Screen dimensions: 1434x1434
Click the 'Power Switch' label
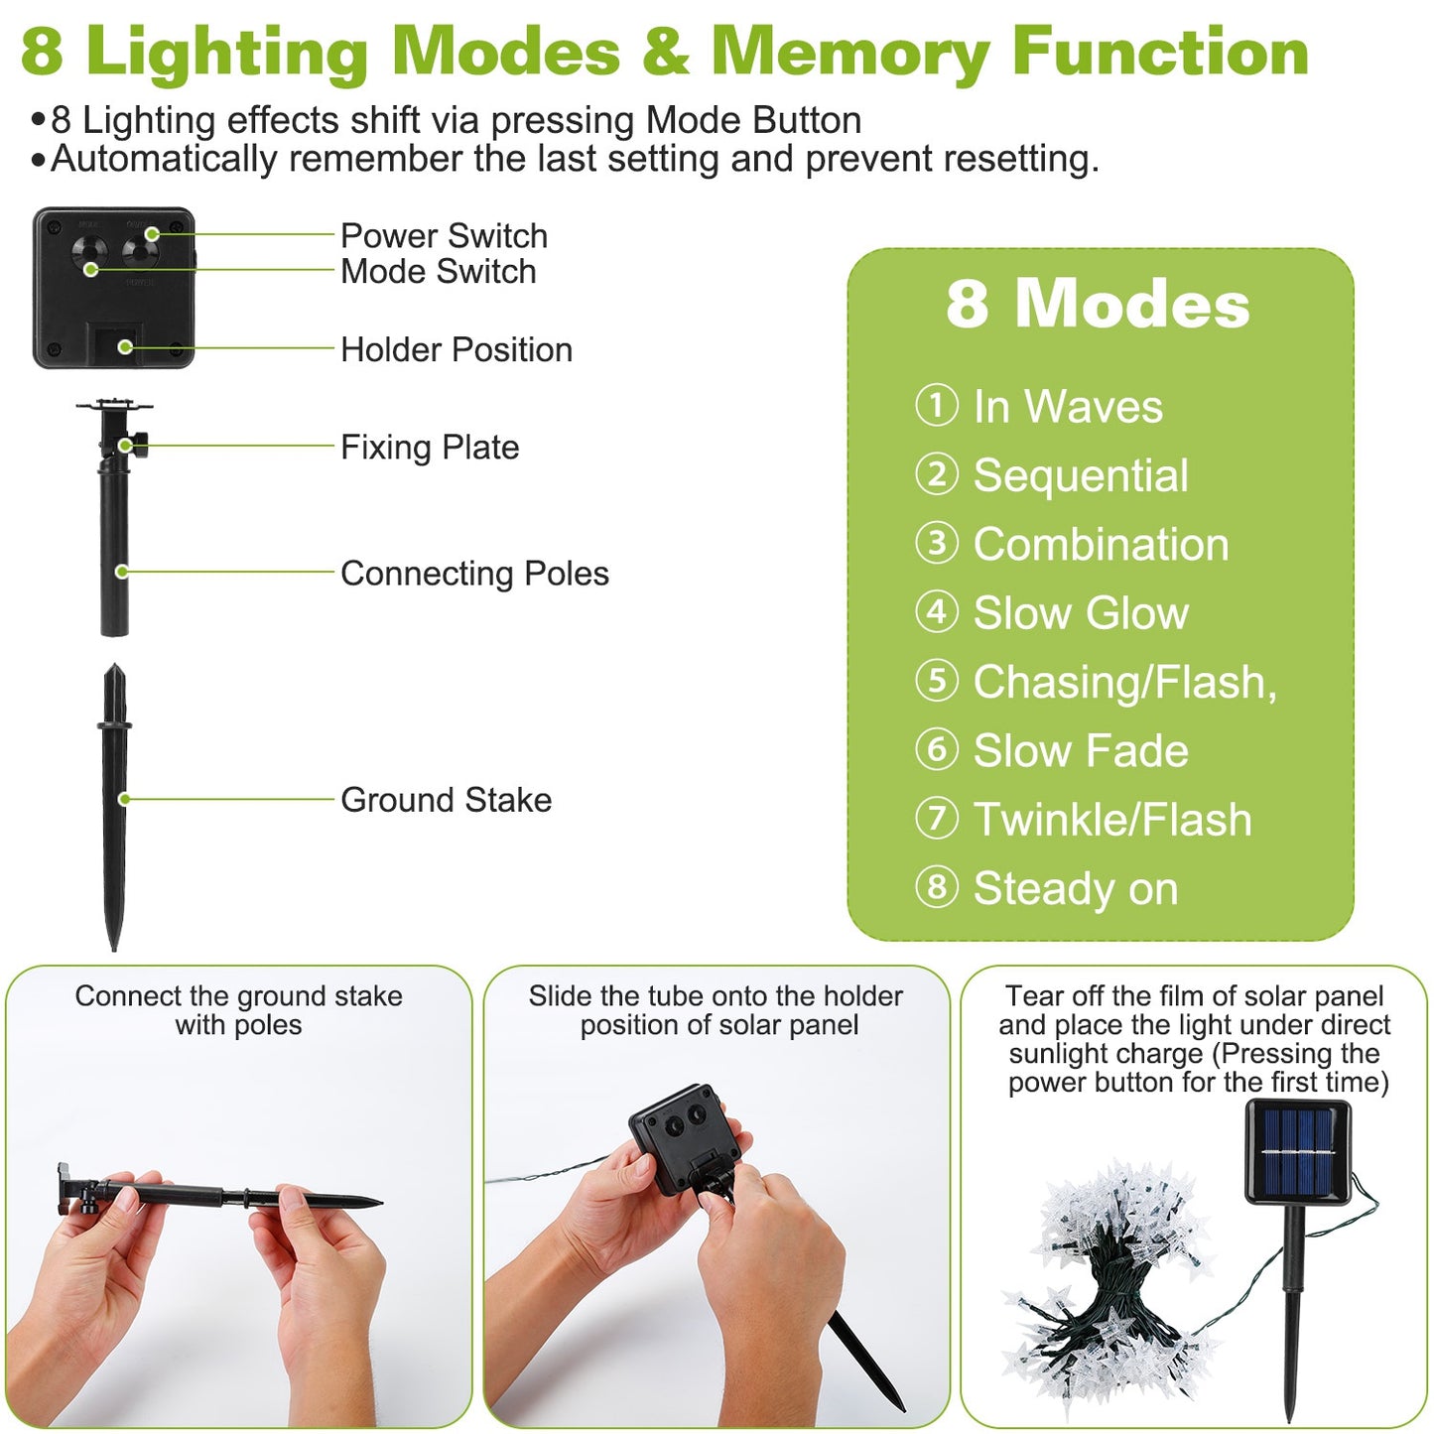pyautogui.click(x=445, y=236)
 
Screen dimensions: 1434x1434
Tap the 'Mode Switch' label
pyautogui.click(x=439, y=272)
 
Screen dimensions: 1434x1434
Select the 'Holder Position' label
pyautogui.click(x=456, y=349)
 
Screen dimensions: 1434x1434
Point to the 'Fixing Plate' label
pyautogui.click(x=430, y=448)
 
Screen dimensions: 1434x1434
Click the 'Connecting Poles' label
pyautogui.click(x=474, y=574)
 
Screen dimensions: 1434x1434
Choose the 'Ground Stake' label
pyautogui.click(x=447, y=800)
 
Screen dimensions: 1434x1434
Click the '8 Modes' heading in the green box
pyautogui.click(x=1098, y=305)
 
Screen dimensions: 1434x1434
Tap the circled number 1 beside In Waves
pyautogui.click(x=936, y=406)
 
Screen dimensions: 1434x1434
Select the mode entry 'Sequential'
pyautogui.click(x=1081, y=476)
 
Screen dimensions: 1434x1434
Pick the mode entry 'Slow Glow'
pyautogui.click(x=1081, y=613)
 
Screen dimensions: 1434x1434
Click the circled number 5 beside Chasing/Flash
pyautogui.click(x=936, y=681)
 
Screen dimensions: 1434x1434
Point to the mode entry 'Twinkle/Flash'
pyautogui.click(x=1112, y=820)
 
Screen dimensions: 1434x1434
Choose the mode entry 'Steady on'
pyautogui.click(x=1076, y=888)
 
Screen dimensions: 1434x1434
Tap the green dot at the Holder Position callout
pyautogui.click(x=125, y=346)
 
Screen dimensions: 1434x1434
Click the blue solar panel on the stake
pyautogui.click(x=1298, y=1151)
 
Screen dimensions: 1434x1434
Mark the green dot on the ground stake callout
pyautogui.click(x=124, y=799)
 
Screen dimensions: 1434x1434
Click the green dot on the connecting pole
pyautogui.click(x=121, y=572)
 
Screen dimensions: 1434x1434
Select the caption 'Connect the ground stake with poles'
pyautogui.click(x=239, y=1010)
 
